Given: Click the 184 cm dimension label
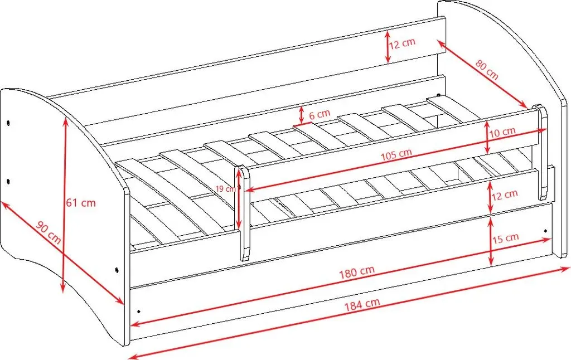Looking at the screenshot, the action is (x=362, y=305).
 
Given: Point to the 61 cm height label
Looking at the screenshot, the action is (x=81, y=202).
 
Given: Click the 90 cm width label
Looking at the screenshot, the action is (x=49, y=232).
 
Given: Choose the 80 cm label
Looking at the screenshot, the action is (x=487, y=70).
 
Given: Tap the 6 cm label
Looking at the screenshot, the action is (x=320, y=115).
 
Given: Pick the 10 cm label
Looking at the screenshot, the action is (x=502, y=132).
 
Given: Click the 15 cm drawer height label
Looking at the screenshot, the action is (x=505, y=239).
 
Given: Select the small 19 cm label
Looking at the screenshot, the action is (x=225, y=189).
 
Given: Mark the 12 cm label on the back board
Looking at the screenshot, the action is (x=402, y=43).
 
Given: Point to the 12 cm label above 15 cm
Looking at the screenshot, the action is (x=505, y=196).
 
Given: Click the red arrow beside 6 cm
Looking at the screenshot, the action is (x=301, y=115).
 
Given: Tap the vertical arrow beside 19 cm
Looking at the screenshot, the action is (x=239, y=198).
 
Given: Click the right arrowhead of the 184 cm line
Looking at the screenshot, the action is (x=565, y=269).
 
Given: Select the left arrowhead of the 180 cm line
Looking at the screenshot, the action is (x=136, y=323).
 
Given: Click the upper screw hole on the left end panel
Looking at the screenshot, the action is (x=8, y=123).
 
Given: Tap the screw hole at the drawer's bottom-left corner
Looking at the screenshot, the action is (x=138, y=312).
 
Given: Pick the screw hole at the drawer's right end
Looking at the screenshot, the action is (x=545, y=231).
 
